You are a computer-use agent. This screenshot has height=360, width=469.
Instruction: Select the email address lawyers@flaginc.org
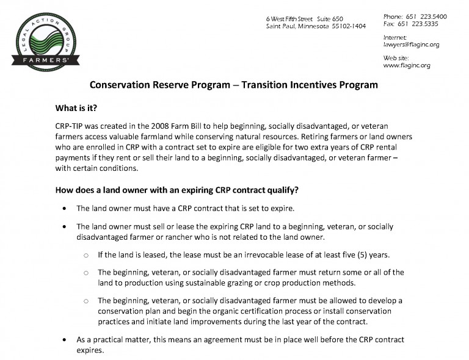tap(411, 45)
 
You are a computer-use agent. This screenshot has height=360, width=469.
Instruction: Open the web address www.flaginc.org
tap(407, 65)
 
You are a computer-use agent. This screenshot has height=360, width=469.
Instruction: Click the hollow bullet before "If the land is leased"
tap(86, 255)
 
